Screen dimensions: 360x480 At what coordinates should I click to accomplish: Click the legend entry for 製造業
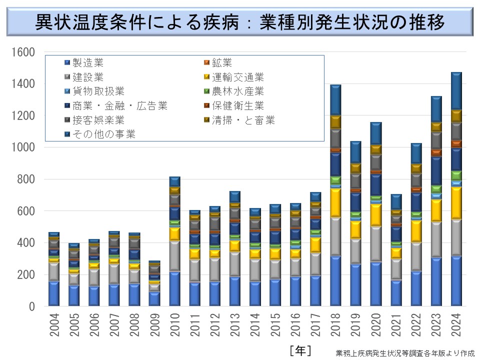click(x=88, y=63)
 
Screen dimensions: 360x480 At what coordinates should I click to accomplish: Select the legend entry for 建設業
click(x=88, y=77)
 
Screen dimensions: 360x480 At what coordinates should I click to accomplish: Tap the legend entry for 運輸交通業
click(x=237, y=77)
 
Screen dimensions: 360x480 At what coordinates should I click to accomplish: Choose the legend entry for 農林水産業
click(x=237, y=91)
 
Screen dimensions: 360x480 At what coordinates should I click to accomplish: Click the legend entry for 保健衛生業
click(x=237, y=105)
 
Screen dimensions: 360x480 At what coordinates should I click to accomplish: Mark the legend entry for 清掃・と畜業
click(x=243, y=120)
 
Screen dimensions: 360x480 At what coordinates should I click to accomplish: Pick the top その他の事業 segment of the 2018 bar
click(x=335, y=100)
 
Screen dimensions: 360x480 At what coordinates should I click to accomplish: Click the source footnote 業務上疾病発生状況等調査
click(x=405, y=352)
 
